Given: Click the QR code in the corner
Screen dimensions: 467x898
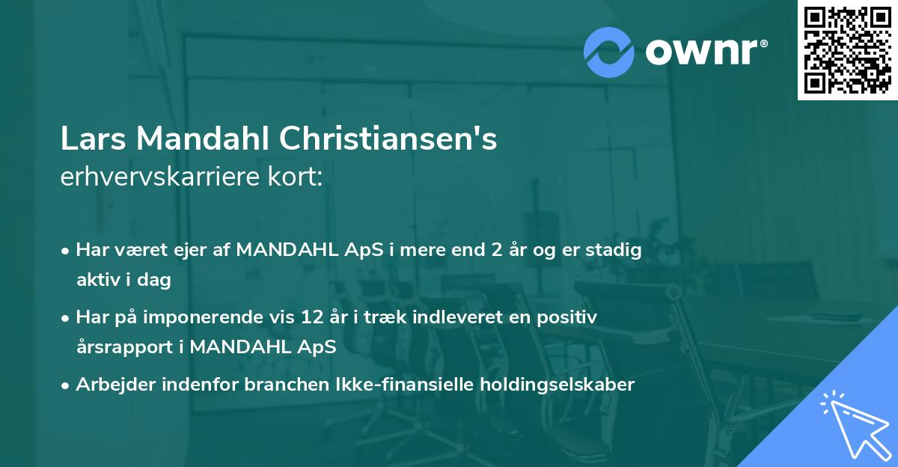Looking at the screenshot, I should [847, 50].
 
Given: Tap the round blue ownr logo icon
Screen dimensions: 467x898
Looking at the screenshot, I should [609, 52].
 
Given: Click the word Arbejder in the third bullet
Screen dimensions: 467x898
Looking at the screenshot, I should [107, 385].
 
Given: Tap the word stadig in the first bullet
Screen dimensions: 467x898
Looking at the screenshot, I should [615, 250].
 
